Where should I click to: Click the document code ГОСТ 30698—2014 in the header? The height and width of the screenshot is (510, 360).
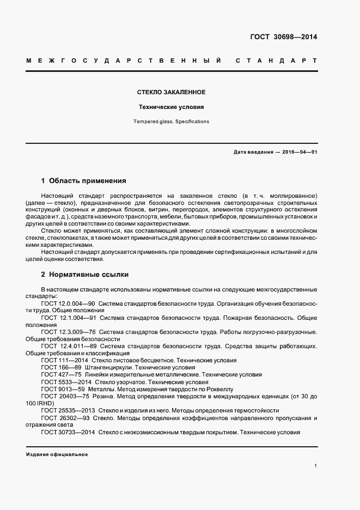pos(283,37)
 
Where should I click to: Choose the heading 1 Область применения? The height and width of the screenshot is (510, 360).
pos(84,180)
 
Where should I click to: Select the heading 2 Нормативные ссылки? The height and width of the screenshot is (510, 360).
pos(85,275)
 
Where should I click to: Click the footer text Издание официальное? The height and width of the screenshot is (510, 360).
pos(57,454)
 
